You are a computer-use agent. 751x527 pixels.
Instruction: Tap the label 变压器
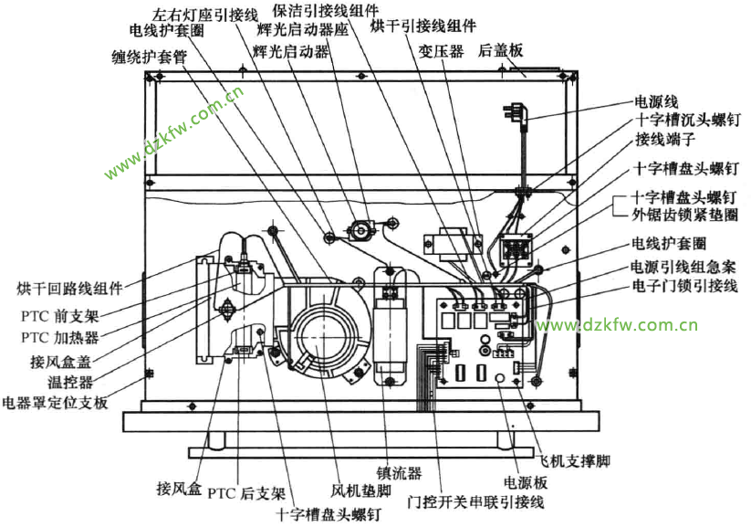(441, 51)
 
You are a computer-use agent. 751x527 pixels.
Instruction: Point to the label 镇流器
(402, 472)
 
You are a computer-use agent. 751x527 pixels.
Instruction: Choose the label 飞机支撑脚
(573, 460)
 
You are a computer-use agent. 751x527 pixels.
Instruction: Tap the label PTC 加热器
(59, 336)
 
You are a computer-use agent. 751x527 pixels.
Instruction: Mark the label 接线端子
(665, 140)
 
